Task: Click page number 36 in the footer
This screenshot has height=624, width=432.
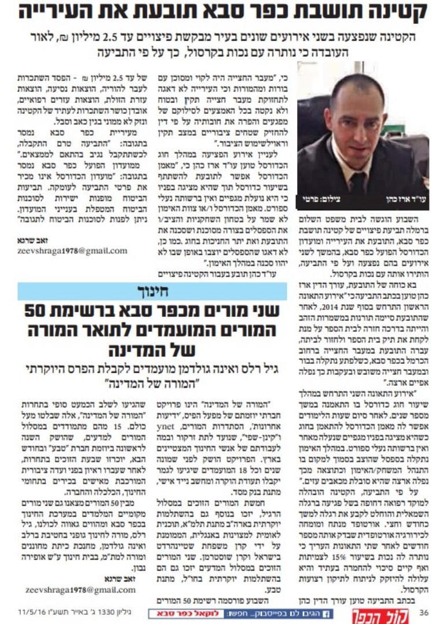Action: [423, 612]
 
